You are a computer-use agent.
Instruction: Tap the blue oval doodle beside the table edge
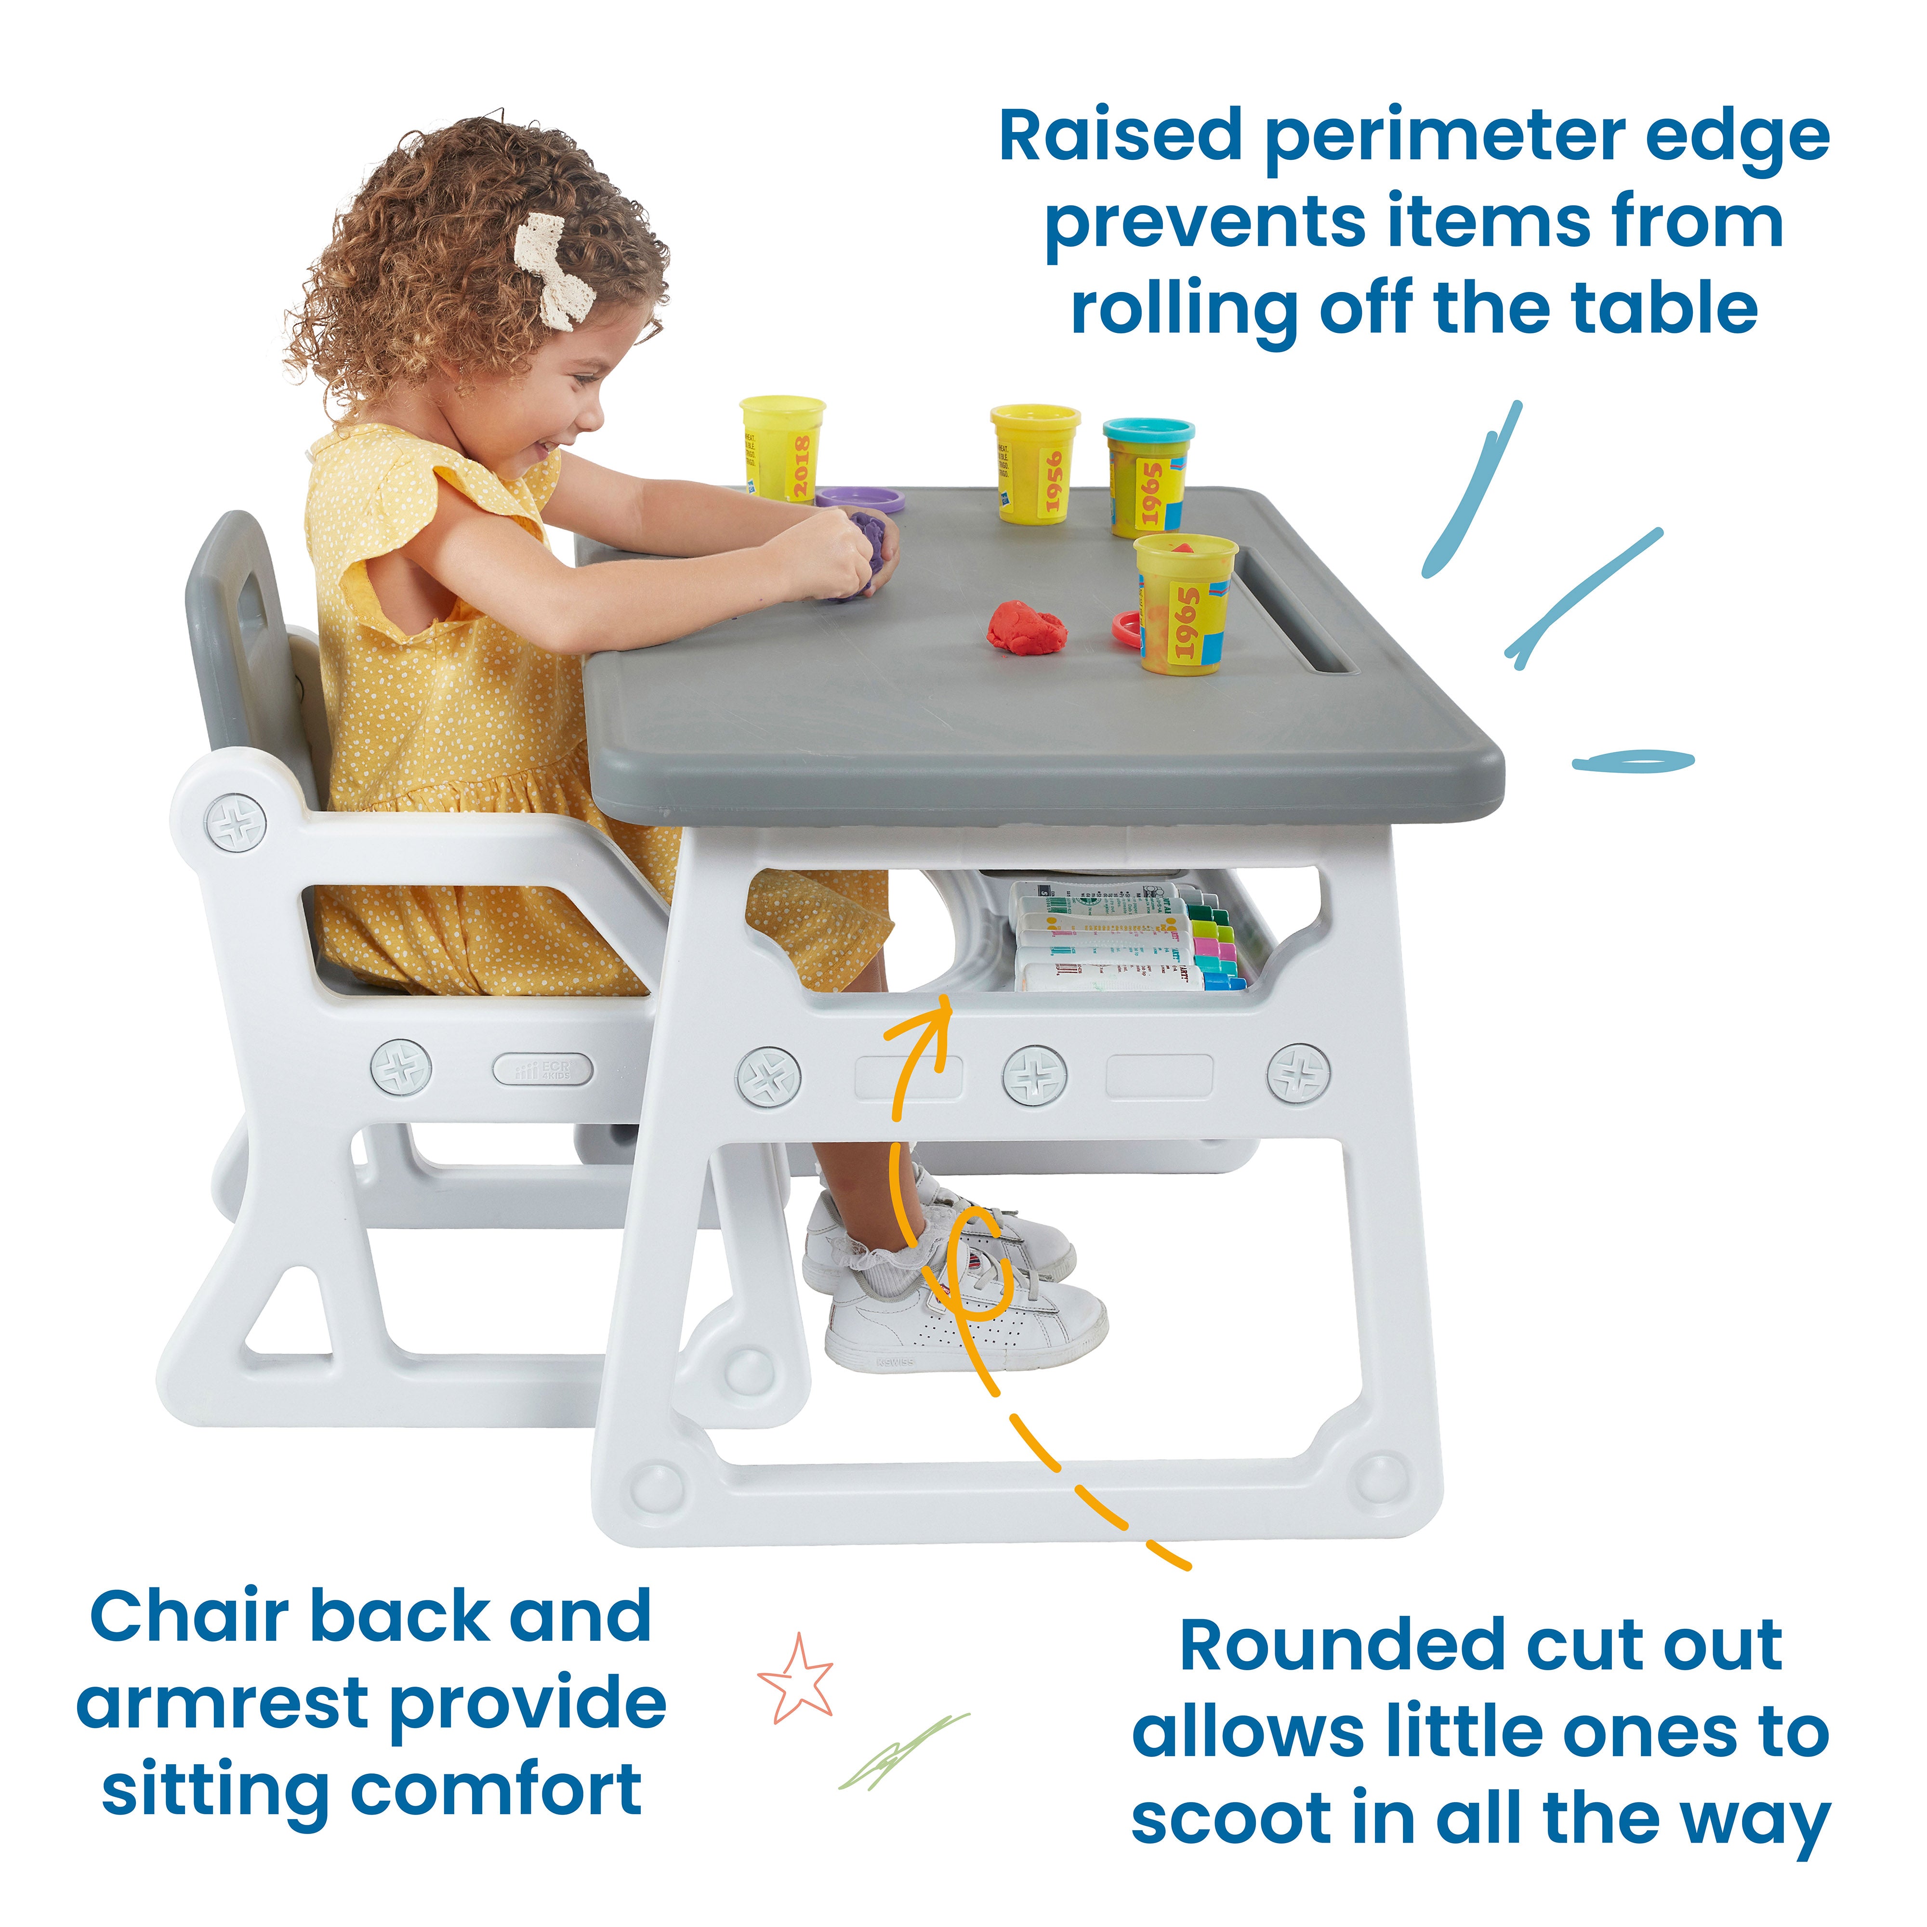coord(1633,761)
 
